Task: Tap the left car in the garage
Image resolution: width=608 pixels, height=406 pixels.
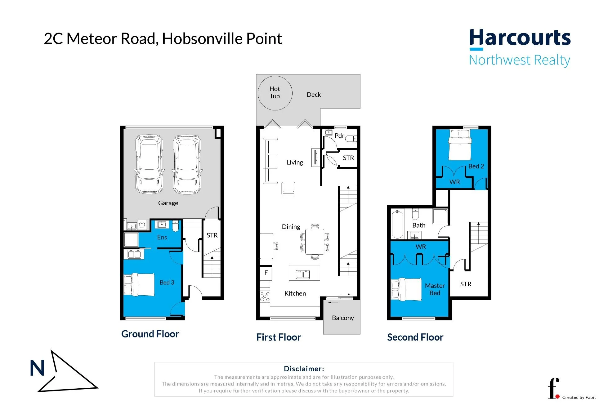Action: (x=149, y=164)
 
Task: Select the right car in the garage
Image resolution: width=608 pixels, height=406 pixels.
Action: (x=187, y=164)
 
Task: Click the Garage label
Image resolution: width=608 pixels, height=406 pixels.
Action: (x=168, y=203)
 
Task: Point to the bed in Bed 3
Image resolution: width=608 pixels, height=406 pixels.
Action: (x=139, y=284)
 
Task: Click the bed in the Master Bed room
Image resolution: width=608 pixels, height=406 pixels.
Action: (x=406, y=289)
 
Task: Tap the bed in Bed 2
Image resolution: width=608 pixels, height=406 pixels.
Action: (x=460, y=144)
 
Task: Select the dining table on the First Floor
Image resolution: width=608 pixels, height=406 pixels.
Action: (x=315, y=242)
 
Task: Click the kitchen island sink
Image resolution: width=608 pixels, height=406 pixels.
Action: (x=303, y=274)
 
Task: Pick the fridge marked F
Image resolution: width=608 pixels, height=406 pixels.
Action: (x=266, y=273)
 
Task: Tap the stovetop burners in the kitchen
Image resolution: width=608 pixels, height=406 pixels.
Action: (x=265, y=297)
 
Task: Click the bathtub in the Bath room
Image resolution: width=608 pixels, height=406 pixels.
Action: (x=397, y=224)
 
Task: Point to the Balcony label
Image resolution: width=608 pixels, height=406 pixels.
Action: (x=343, y=318)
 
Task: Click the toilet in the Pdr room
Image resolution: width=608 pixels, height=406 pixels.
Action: (x=351, y=139)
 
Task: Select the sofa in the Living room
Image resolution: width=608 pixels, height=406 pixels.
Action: (x=270, y=161)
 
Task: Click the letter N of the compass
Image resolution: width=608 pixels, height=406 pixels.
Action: (x=37, y=368)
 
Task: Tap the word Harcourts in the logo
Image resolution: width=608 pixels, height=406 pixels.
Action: (x=520, y=38)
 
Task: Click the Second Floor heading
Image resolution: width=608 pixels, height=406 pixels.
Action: (x=415, y=337)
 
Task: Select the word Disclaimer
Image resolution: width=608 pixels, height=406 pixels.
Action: (x=304, y=369)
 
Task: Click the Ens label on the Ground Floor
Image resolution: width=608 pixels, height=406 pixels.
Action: (x=162, y=237)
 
